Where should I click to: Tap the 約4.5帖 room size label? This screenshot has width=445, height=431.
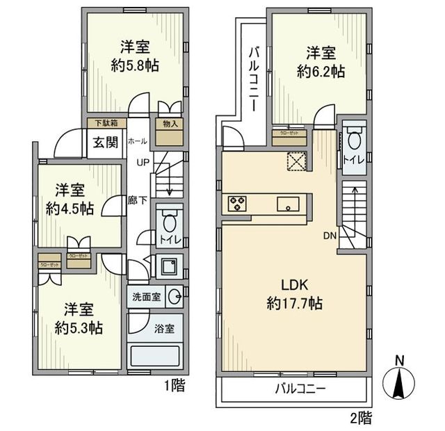pos(72,208)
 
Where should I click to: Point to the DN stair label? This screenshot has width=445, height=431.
pos(330,236)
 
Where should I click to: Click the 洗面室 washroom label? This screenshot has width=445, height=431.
pos(147,296)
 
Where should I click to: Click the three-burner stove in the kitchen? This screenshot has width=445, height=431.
pos(237,204)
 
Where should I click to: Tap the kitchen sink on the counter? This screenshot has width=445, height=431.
pos(288,204)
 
